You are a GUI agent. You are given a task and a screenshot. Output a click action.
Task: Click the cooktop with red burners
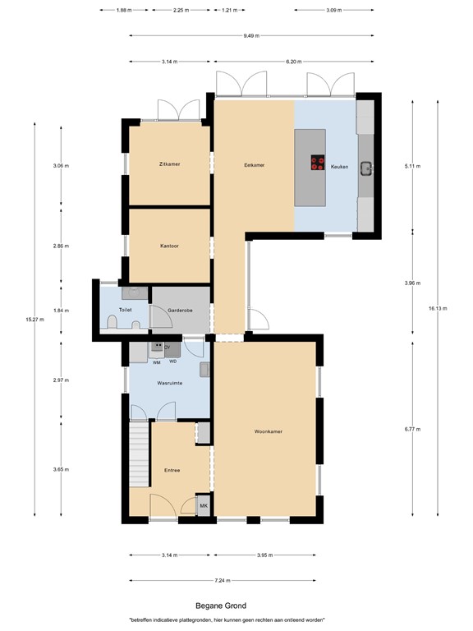point(317,163)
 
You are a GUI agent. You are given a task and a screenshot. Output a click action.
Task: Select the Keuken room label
point(339,166)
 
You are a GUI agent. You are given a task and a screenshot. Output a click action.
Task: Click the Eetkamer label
point(254,165)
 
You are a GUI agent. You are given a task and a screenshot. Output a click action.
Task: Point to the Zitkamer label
point(169,164)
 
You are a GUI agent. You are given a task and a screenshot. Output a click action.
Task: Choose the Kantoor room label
point(169,246)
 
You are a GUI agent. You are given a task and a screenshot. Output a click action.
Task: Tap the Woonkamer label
point(268,431)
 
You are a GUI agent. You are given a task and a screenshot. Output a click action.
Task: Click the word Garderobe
point(179,311)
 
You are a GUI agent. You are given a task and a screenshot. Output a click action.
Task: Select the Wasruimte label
point(169,383)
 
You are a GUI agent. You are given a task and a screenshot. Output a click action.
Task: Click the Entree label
point(172,470)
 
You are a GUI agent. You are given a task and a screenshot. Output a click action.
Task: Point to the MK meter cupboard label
point(204,506)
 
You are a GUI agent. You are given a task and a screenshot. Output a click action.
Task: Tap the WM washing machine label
point(156,362)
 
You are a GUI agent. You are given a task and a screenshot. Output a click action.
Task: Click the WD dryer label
point(173,362)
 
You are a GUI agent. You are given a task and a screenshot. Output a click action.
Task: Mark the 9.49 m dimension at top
point(251,35)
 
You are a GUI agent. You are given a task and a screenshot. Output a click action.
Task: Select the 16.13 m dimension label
point(413,308)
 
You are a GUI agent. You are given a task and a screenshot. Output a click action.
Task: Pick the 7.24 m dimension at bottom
point(222,580)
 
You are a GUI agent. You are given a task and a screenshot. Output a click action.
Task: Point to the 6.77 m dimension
point(412,427)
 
